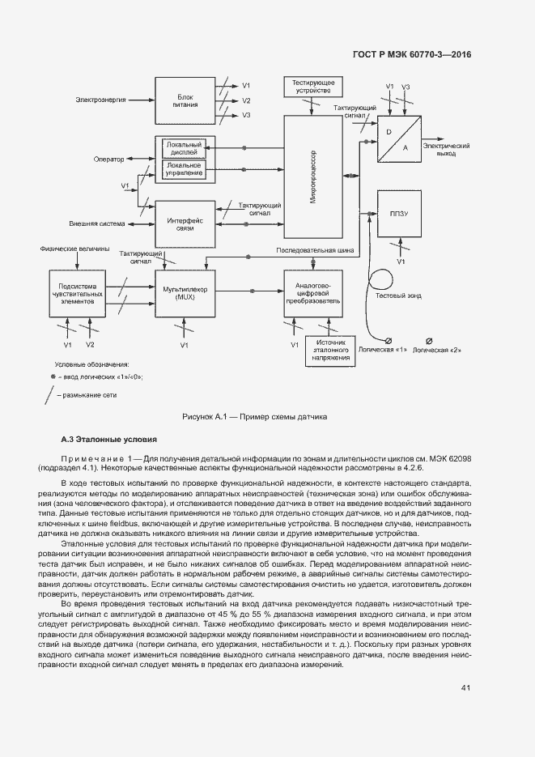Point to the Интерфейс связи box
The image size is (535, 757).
click(185, 224)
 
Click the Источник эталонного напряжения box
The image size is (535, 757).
click(329, 350)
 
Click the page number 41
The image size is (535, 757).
click(465, 688)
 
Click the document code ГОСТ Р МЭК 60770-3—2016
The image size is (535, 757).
click(413, 56)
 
